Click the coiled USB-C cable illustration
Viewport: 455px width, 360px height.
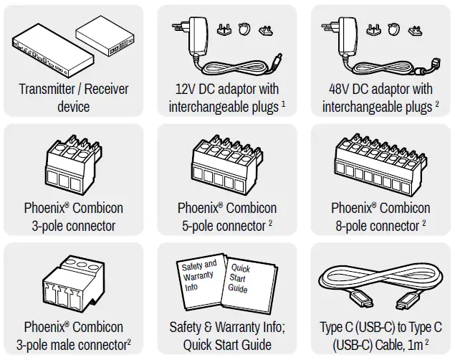380,283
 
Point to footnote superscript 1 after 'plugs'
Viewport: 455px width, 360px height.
283,104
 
